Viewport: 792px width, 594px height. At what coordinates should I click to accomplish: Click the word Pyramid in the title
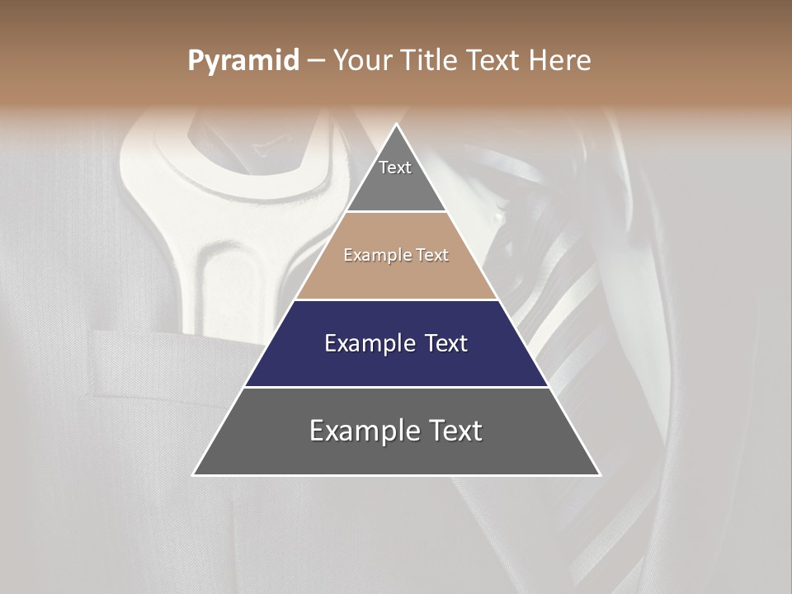[x=243, y=61]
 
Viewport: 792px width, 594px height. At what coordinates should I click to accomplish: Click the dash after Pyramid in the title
[x=316, y=61]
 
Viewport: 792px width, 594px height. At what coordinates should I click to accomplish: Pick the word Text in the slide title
[x=494, y=60]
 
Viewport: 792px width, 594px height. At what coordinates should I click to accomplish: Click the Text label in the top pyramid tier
[x=395, y=167]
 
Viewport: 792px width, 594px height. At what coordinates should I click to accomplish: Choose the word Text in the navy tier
[x=446, y=343]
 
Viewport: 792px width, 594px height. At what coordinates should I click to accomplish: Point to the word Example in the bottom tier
[x=365, y=431]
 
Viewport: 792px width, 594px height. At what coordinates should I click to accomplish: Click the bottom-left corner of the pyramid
[x=193, y=474]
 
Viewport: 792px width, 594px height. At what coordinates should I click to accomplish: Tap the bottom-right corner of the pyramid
[x=601, y=474]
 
